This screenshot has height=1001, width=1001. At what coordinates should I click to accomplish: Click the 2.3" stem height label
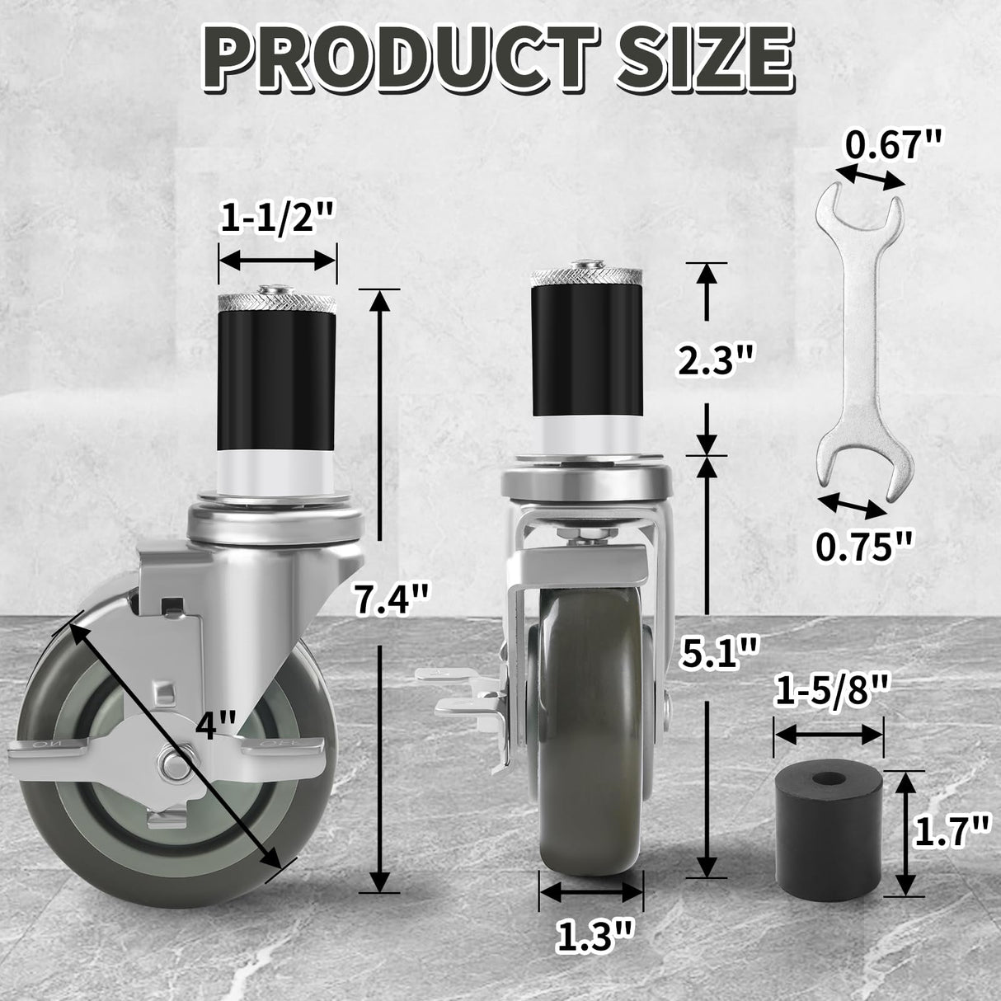pos(715,360)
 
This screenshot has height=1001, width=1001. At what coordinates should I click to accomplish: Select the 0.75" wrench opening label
pos(864,546)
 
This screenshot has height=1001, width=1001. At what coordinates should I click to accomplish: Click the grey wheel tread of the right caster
pos(590,759)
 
